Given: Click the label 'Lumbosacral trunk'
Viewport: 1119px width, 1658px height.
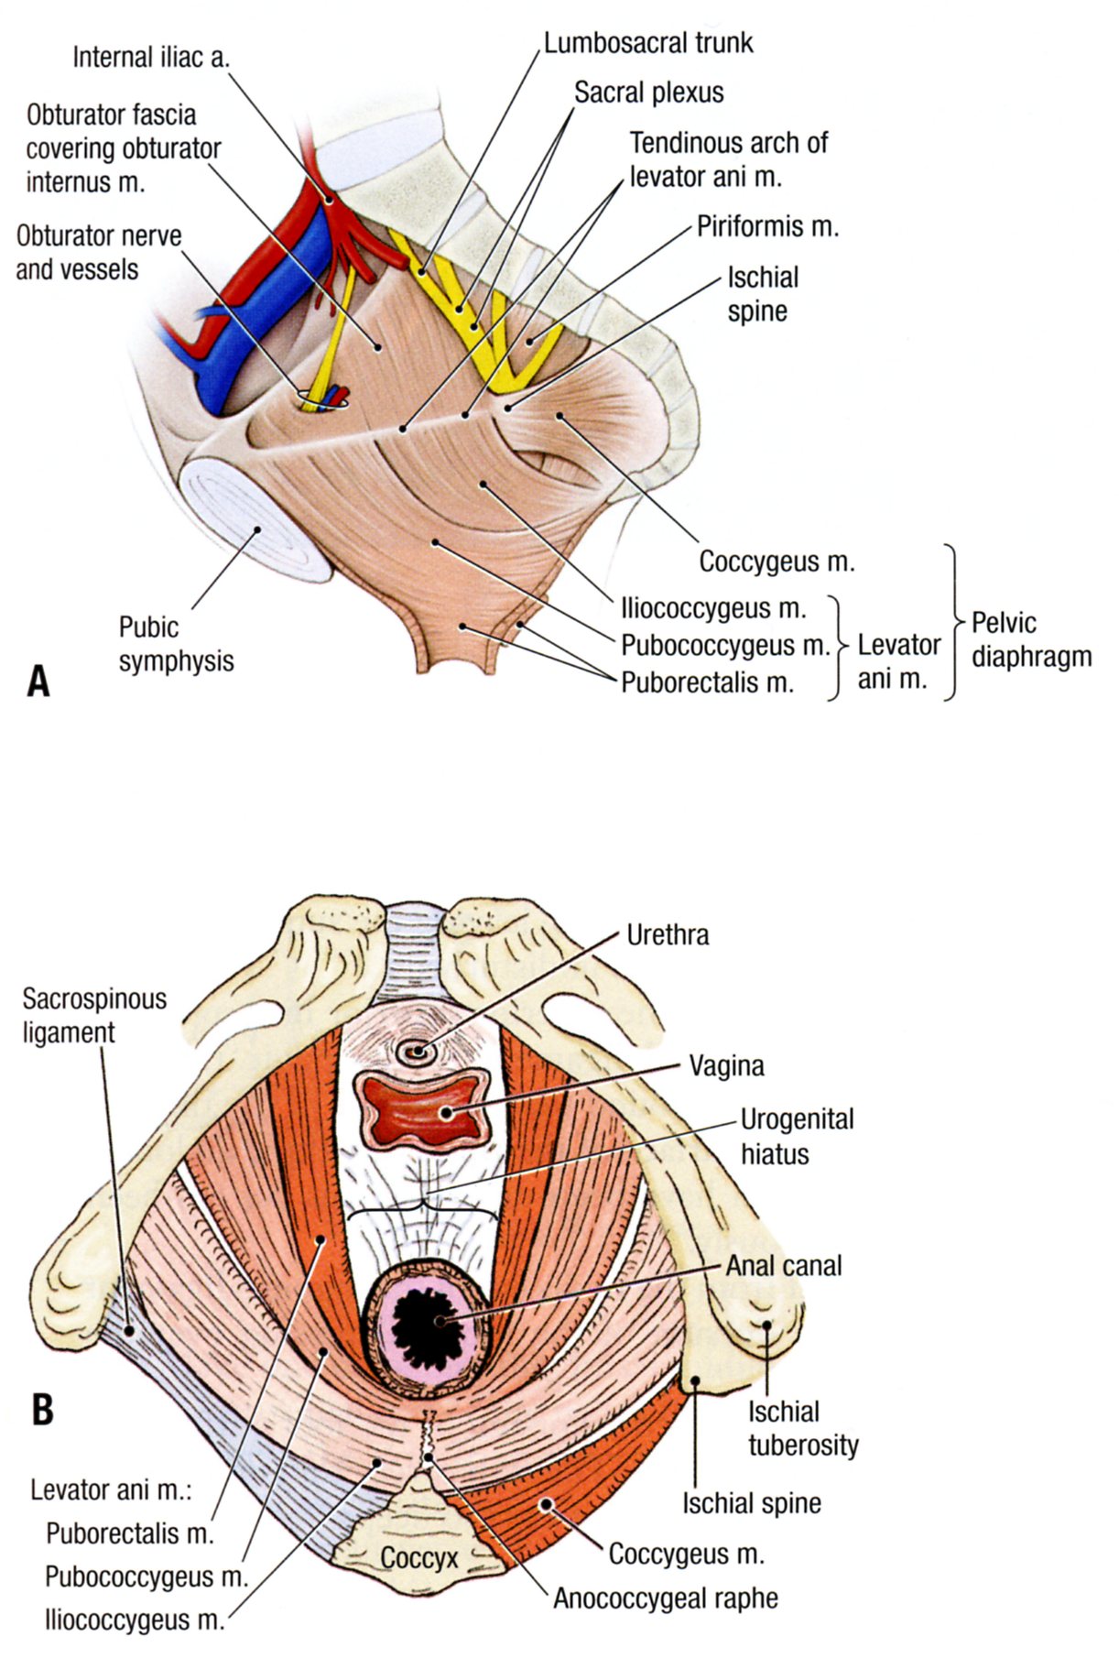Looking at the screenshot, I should [648, 44].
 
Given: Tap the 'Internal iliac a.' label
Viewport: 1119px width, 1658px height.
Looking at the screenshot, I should [151, 58].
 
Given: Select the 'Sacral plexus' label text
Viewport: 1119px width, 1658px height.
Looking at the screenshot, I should [648, 93].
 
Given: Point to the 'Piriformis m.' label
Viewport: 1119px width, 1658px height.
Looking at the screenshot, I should [767, 226].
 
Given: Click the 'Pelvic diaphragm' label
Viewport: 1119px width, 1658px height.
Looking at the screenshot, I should [1030, 639].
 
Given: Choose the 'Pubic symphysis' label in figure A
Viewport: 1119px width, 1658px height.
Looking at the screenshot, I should [176, 644].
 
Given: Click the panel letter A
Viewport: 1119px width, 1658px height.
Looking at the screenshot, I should [38, 682].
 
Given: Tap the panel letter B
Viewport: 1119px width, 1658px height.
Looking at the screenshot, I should [42, 1410].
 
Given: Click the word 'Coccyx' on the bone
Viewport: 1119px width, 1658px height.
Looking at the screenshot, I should [418, 1557].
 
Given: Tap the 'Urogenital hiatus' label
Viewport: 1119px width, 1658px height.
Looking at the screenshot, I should [796, 1136].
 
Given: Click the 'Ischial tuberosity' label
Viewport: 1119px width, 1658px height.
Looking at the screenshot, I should [802, 1428].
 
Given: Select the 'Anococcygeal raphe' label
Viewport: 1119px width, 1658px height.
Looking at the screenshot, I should [665, 1598].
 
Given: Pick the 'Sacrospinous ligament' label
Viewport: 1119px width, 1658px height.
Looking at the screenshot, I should [94, 1015].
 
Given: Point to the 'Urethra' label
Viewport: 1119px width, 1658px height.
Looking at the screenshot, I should [668, 935].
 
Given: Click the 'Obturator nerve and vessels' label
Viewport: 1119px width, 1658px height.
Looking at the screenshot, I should [98, 252].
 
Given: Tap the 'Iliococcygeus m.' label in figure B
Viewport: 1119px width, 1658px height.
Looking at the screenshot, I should [135, 1620].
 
